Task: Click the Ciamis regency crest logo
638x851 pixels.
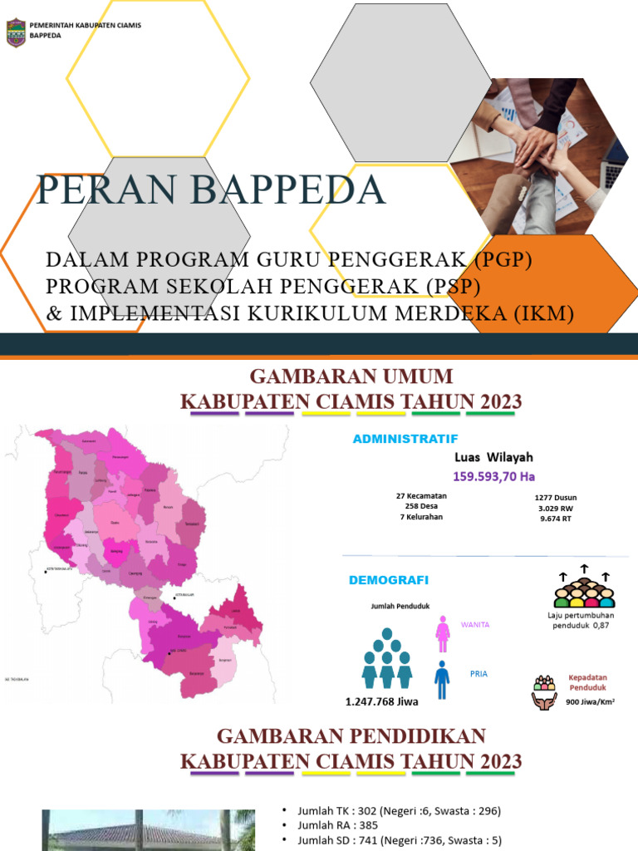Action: [x=15, y=32]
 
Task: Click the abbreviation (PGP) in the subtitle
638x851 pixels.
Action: [x=503, y=260]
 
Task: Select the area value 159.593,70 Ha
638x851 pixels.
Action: [x=493, y=476]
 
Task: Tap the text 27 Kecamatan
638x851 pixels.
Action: [x=421, y=496]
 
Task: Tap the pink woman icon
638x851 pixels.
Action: [x=443, y=634]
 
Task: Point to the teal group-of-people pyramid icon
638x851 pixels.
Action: [x=387, y=659]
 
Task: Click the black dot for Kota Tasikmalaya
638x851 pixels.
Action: [x=46, y=571]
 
